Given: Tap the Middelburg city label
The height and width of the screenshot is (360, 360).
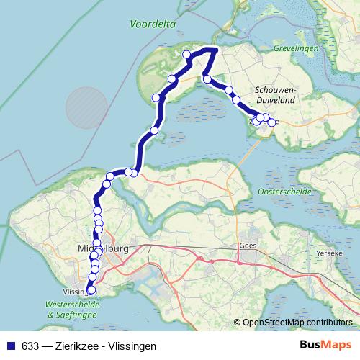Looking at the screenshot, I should (x=102, y=249).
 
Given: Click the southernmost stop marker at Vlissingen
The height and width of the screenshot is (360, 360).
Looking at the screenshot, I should (x=90, y=291).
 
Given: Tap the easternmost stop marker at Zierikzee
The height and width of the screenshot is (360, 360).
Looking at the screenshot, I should (x=271, y=122).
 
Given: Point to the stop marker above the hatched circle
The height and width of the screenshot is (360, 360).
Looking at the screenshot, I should (x=156, y=98).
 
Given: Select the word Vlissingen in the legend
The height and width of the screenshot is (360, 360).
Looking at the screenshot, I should (x=131, y=346).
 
